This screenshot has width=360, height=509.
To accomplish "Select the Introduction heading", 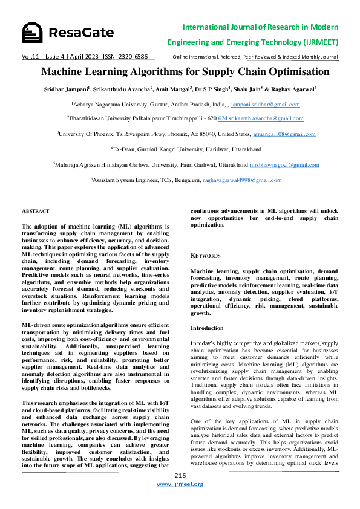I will click(208, 328).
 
